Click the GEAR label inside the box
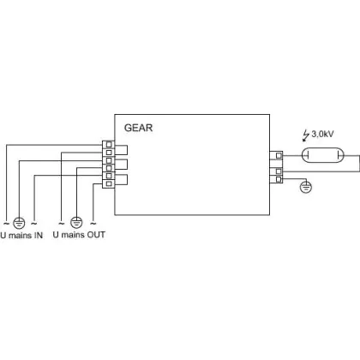coord(138,128)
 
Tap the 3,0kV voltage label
coord(322,134)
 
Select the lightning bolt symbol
coord(306,135)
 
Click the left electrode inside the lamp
coord(307,156)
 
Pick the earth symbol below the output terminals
coord(306,188)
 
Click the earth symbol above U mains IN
coord(19,223)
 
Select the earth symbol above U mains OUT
coord(76,222)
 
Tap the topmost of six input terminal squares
coord(109,145)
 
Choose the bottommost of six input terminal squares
coord(109,183)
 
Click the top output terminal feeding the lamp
coord(279,156)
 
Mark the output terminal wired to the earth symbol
coord(279,179)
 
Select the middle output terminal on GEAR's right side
coord(279,171)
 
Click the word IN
coord(39,236)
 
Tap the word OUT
coord(96,235)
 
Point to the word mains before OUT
coord(73,235)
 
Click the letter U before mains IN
coord(3,236)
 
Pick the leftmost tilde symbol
coord(6,223)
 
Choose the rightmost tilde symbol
coord(93,223)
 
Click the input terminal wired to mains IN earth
coord(109,160)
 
